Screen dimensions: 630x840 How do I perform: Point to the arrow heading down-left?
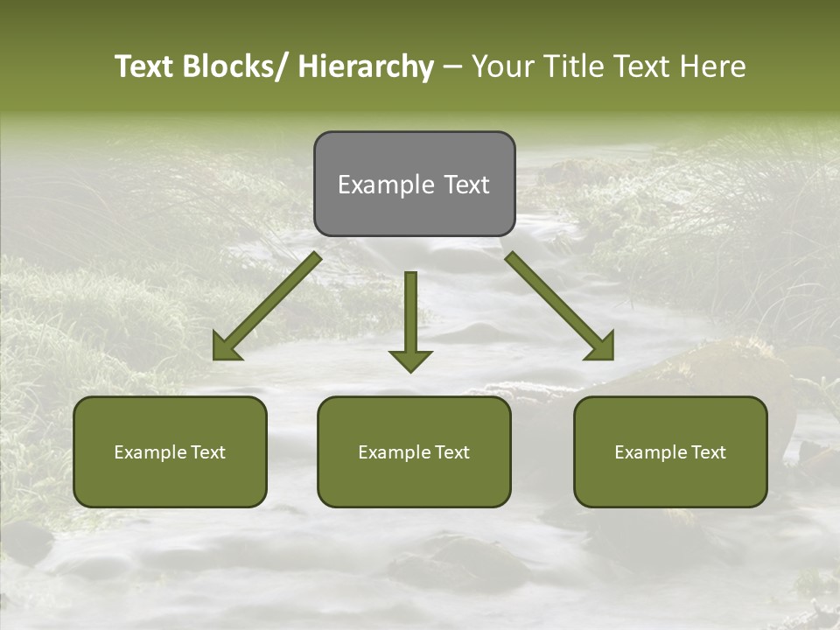tap(271, 302)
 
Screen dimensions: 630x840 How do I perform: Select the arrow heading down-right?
tap(556, 303)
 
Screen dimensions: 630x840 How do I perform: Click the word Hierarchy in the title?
tap(365, 66)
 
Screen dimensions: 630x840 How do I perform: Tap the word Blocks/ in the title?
tap(235, 66)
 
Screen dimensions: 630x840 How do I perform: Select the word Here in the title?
tap(713, 66)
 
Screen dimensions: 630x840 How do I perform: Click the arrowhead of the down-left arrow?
tap(226, 347)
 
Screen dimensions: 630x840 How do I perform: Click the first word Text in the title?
tap(143, 66)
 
